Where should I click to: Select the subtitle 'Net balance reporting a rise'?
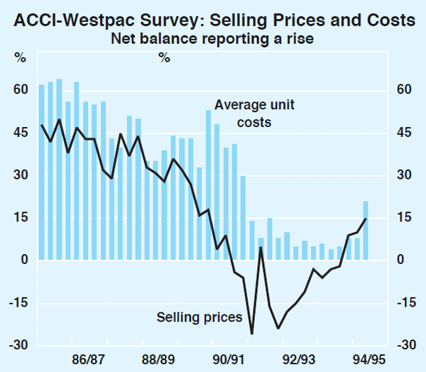click(x=213, y=39)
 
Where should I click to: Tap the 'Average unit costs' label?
click(x=254, y=114)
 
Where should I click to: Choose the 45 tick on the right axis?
click(x=405, y=132)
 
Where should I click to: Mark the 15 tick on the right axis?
click(x=405, y=217)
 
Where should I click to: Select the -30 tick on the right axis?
click(x=403, y=345)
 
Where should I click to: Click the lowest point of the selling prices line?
click(x=252, y=333)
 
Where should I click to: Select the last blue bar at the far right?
click(x=366, y=231)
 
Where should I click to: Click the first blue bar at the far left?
click(x=41, y=173)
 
